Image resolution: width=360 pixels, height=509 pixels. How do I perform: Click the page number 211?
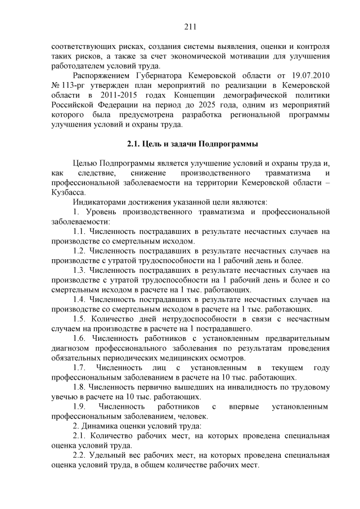pos(190,26)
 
